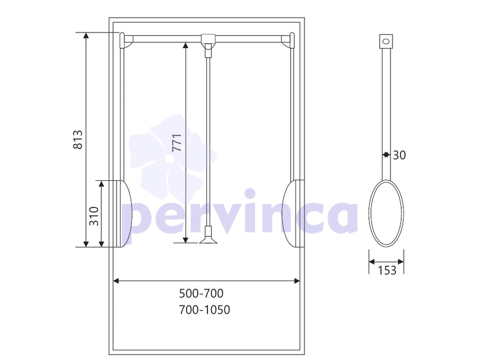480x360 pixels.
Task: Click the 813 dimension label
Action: coord(78,140)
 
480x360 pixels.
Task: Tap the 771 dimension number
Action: coord(177,143)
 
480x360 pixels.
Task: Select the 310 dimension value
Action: coord(94,216)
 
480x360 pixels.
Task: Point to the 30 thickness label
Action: coord(399,155)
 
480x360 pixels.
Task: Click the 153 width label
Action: coord(387,270)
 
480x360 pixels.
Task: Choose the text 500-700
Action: coord(202,293)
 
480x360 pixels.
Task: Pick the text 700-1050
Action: coord(204,310)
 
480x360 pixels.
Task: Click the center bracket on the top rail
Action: coord(208,38)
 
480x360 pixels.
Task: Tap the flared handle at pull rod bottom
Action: coord(209,235)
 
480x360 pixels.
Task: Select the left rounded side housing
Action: coord(124,213)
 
